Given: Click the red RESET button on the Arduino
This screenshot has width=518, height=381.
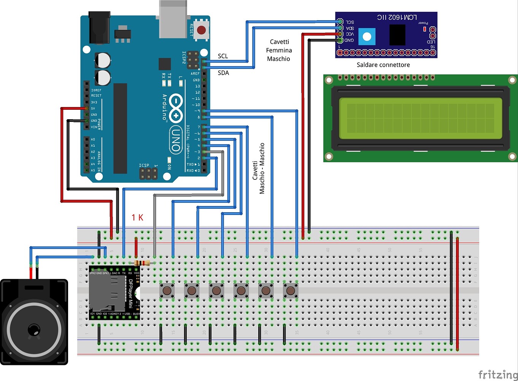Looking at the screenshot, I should coord(201,30).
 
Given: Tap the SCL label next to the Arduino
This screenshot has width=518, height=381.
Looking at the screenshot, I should coord(223,56).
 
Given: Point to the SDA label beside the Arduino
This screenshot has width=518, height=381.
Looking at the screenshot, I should coord(223,73).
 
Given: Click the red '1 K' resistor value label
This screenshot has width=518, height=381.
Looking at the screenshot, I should coord(137,218).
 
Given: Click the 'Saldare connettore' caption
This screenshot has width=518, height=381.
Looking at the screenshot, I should coord(383,65).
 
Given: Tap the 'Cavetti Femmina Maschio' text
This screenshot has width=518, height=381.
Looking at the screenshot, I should coord(279,50).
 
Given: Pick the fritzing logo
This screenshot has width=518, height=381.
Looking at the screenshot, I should coord(497,375).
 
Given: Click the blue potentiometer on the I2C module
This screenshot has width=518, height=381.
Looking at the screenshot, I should coord(367,37).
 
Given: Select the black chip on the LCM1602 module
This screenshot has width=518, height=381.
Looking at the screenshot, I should coord(397,35).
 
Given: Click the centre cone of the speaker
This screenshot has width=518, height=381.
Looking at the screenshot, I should coord(34,330).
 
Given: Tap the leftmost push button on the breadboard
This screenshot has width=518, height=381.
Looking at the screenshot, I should coord(167,291).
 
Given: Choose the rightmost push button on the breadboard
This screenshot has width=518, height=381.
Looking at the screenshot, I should coord(291,291).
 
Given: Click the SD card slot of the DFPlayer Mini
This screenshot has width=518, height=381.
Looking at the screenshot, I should coord(107,293).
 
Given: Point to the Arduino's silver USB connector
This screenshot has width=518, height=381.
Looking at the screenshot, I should coord(173,19).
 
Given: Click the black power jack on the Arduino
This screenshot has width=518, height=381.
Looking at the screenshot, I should coord(99,27).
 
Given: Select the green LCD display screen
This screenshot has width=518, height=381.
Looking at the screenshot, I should coord(420,118).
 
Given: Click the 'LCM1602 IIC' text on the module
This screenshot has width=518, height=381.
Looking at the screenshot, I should coord(397,17).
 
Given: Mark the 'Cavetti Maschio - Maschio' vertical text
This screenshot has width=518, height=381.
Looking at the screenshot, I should coord(258,168).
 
